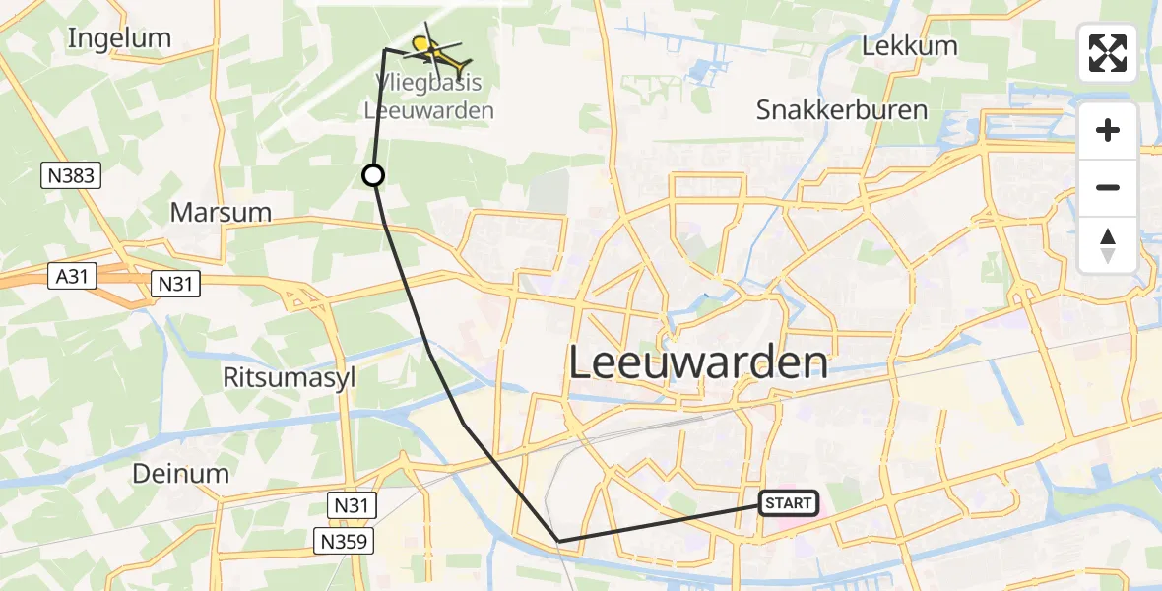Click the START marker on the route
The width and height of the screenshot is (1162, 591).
789,503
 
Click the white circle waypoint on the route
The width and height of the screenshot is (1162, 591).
373,175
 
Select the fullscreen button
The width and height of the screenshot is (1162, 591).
1108,53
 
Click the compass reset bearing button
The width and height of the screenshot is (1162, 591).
1108,245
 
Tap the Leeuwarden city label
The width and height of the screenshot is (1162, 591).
698,363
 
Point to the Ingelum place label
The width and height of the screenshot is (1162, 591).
119,38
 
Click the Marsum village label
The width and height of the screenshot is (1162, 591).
220,212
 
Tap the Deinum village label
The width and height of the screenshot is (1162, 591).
180,473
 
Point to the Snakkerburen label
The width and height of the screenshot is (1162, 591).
842,109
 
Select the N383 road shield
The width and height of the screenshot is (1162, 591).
71,176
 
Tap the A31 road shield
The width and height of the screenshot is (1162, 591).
75,278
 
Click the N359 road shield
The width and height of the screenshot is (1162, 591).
345,540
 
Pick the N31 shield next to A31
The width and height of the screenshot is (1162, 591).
175,285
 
